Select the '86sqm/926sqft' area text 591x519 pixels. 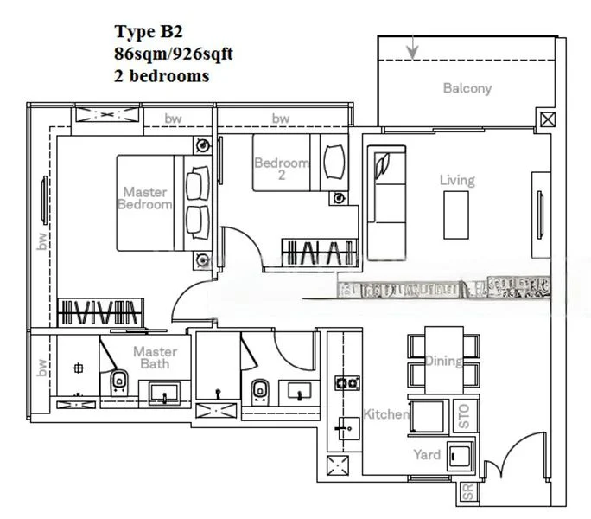(173, 54)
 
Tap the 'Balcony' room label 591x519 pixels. (467, 88)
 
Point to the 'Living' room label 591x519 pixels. (457, 180)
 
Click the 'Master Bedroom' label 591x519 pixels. (144, 198)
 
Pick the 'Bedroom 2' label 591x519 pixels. (282, 169)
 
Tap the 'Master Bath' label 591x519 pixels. (155, 358)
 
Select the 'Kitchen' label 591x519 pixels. (385, 414)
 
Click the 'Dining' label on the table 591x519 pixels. (442, 362)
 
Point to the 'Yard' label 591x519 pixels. (427, 455)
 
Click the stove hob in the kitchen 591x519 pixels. (347, 381)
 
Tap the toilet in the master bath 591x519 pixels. (118, 381)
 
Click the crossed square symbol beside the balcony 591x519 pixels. (545, 119)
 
